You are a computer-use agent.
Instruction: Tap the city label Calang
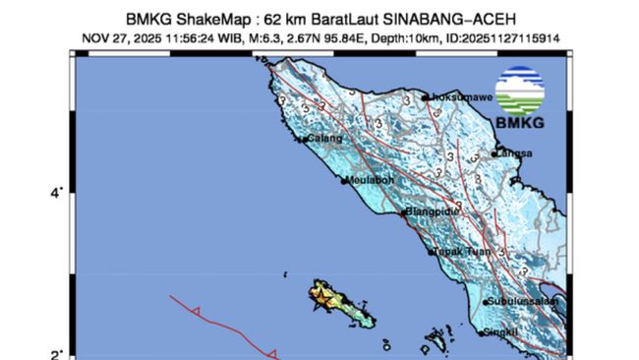tap(324, 139)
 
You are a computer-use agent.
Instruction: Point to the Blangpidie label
tap(433, 210)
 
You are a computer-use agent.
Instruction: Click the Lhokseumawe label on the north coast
tap(458, 97)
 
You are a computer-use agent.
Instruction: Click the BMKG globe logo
tap(520, 91)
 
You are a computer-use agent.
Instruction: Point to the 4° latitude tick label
tap(57, 193)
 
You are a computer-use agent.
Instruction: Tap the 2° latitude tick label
tap(57, 354)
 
